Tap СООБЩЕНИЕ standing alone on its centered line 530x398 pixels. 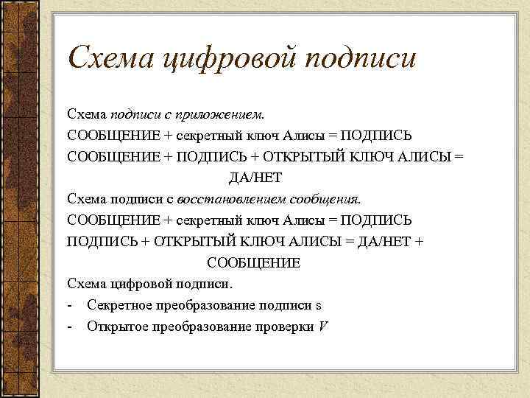click(x=254, y=262)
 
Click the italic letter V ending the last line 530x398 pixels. click(x=322, y=326)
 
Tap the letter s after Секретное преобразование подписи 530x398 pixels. click(x=319, y=305)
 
